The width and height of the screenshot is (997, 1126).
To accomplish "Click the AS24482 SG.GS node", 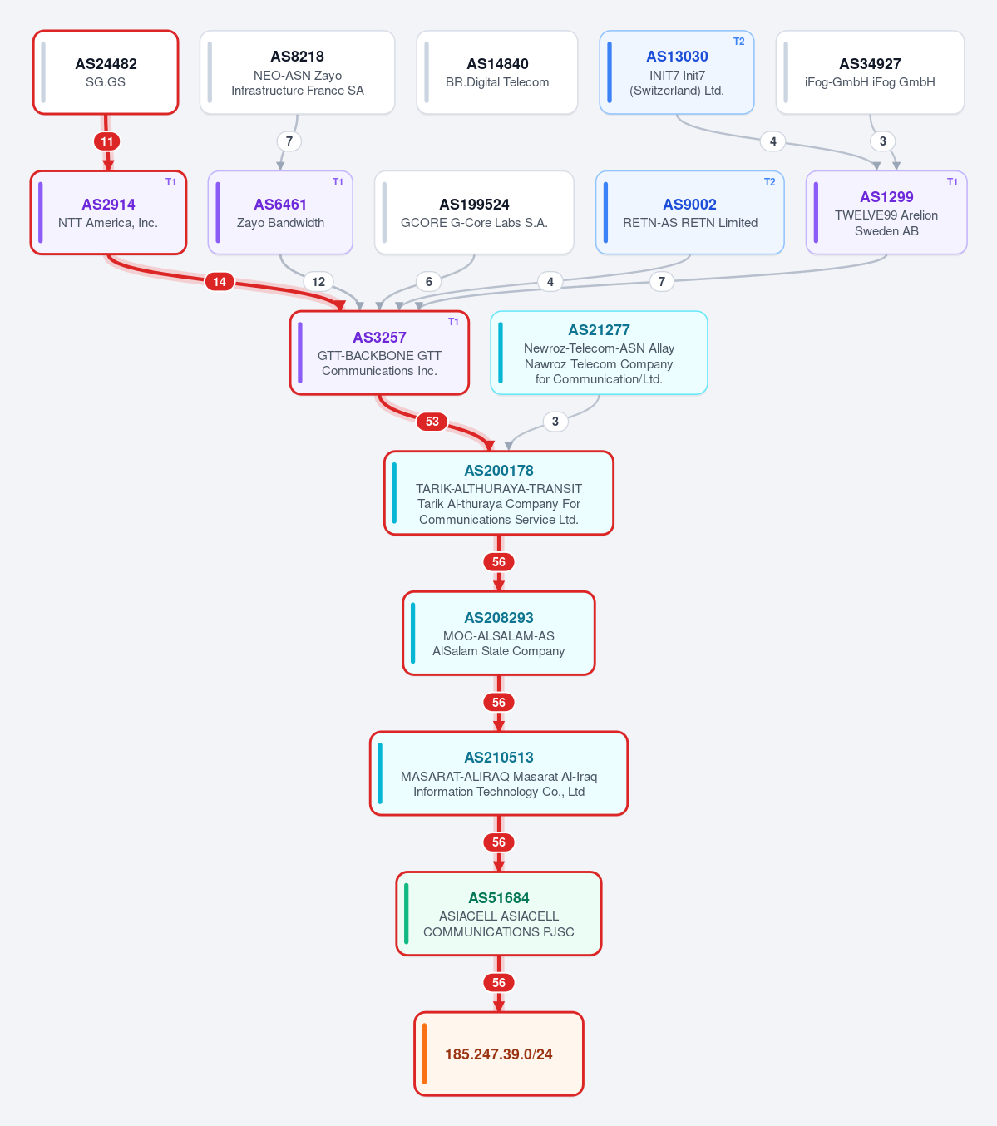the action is (x=106, y=72).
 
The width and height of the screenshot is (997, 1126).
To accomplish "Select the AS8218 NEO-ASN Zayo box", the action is (x=298, y=72).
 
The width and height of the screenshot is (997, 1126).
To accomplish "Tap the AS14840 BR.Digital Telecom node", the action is (x=496, y=72).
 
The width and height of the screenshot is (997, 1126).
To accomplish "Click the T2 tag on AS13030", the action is (x=738, y=42).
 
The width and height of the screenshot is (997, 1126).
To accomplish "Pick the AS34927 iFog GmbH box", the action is (x=870, y=72).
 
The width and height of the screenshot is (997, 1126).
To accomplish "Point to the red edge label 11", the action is (x=106, y=141).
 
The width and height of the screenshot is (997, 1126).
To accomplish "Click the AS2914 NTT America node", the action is (x=108, y=212).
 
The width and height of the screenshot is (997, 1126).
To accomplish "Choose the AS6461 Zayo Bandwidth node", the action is (x=280, y=212).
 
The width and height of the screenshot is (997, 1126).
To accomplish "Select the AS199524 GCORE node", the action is (x=474, y=212).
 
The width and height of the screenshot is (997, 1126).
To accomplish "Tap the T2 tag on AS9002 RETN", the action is (x=769, y=182).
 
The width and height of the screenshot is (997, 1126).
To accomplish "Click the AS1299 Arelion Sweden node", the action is (x=886, y=212).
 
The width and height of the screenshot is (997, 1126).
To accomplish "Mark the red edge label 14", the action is (x=220, y=282).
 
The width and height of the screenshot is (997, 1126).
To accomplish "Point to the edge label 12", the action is (x=318, y=282).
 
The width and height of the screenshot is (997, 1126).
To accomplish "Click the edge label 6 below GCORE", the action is (x=428, y=282).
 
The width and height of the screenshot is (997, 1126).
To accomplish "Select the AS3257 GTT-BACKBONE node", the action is (x=379, y=353).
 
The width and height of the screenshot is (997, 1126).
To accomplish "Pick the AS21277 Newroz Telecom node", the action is (x=599, y=353).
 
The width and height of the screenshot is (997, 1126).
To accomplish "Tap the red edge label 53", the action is (x=432, y=422).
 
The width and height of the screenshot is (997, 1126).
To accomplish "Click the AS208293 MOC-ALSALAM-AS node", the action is (x=499, y=634).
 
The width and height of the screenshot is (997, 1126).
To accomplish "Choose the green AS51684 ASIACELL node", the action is (x=499, y=914).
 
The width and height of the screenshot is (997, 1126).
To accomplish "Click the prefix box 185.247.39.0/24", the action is (x=499, y=1054).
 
